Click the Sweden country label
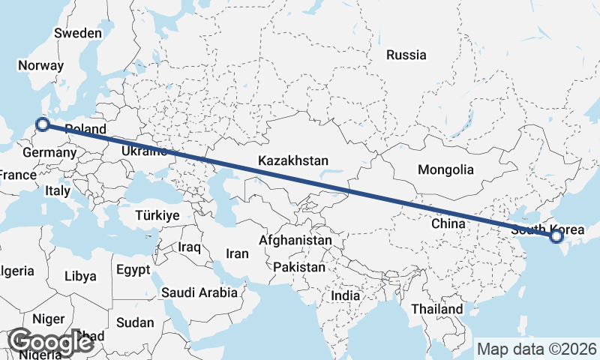(78, 33)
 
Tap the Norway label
(41, 65)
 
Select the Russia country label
(406, 55)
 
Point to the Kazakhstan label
(293, 160)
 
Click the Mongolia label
(445, 169)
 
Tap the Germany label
(49, 153)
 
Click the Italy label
(58, 191)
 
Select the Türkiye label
(157, 215)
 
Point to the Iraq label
(190, 247)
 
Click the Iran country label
(237, 253)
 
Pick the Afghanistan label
(295, 241)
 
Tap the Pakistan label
(299, 267)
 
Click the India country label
(346, 295)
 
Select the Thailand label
(437, 309)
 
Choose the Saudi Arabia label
(199, 292)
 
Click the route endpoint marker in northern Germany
(43, 124)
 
